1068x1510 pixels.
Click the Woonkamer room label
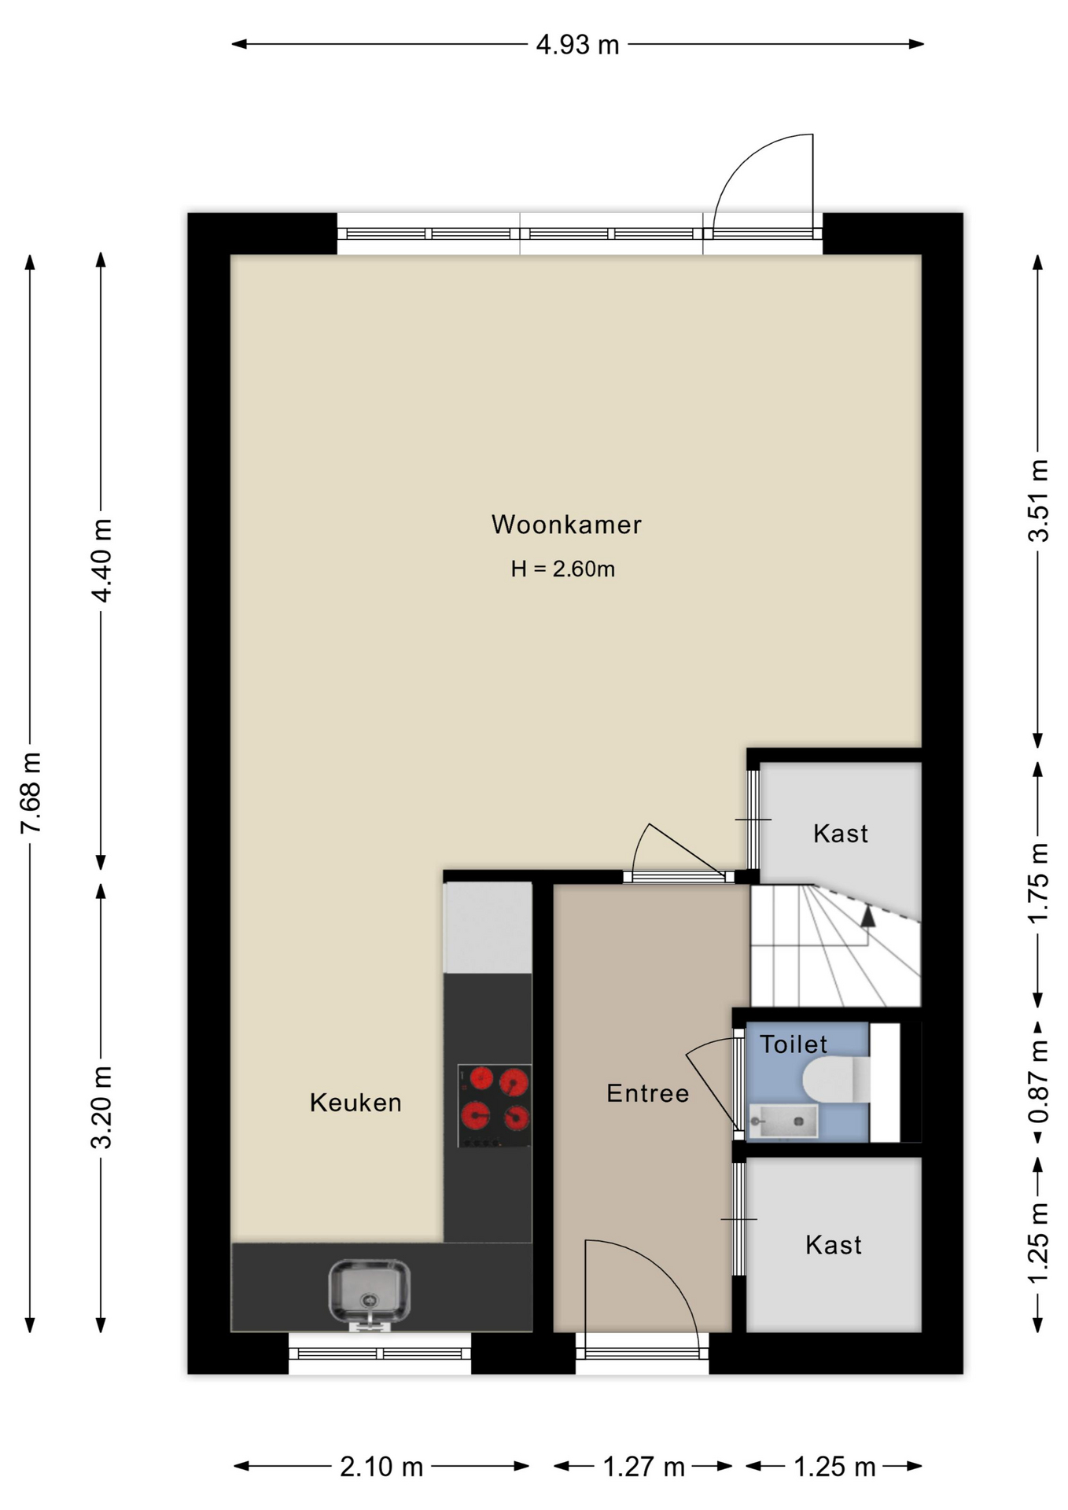[x=566, y=525]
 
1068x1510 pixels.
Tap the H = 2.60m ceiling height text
[x=562, y=569]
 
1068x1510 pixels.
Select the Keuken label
[x=355, y=1103]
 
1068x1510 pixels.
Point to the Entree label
[x=647, y=1093]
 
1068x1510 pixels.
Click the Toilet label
[x=794, y=1044]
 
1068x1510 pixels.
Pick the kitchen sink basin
[x=369, y=1293]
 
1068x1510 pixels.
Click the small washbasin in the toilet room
[x=783, y=1121]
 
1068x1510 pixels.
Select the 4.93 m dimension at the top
[x=577, y=45]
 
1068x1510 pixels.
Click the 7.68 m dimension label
[x=31, y=793]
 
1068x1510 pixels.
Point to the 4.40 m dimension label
[x=102, y=561]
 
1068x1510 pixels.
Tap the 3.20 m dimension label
[x=102, y=1108]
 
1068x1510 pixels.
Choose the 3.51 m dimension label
[x=1038, y=501]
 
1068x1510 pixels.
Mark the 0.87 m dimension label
[x=1038, y=1082]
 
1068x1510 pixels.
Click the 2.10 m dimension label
[x=381, y=1467]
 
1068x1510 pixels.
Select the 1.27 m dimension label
[x=643, y=1467]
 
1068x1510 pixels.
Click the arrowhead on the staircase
[x=867, y=915]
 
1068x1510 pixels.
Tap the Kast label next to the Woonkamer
[x=841, y=834]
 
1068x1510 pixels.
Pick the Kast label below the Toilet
[x=834, y=1245]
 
